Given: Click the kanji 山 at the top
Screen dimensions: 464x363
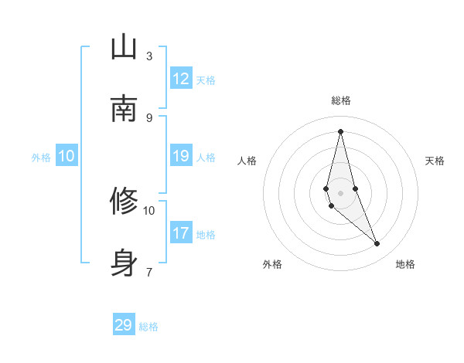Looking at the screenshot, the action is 125,48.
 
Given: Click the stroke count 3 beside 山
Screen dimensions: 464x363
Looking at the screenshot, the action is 149,56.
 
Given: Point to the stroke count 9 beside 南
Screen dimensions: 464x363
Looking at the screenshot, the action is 149,118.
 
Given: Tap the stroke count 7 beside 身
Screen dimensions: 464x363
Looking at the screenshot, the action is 149,272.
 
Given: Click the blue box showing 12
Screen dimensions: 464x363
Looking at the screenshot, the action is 181,79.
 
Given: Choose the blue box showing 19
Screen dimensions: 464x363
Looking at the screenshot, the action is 181,156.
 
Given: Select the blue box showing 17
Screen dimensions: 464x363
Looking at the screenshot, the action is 181,232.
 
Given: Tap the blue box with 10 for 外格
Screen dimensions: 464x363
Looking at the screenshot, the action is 67,156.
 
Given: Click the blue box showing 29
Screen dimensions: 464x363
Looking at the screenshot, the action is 124,325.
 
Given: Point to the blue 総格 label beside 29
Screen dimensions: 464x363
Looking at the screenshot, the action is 148,327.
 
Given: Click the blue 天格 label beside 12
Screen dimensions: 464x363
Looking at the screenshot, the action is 206,80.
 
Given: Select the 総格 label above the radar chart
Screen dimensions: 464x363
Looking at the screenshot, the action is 341,101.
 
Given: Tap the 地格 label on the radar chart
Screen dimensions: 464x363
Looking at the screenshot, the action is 405,264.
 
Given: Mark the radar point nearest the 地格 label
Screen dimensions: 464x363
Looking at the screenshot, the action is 377,244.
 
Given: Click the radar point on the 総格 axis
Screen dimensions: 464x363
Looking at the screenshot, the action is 340,131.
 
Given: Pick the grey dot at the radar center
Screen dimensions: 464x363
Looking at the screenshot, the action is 340,193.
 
